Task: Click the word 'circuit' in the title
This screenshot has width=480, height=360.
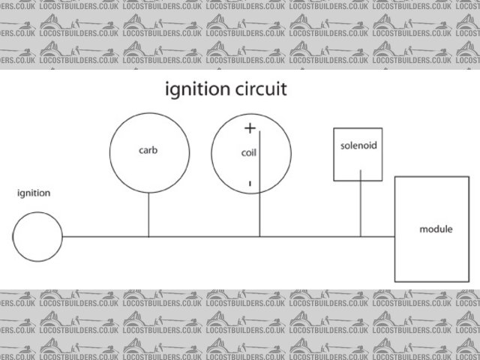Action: click(x=257, y=91)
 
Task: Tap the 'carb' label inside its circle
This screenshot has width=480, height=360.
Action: click(x=148, y=149)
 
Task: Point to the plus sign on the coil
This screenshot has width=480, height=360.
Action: click(x=250, y=129)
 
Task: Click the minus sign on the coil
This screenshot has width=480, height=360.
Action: click(x=249, y=182)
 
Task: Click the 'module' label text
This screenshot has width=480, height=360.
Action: click(x=436, y=228)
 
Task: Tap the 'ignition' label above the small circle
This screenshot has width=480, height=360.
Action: click(x=34, y=193)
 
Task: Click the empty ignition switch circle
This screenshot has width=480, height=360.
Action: click(x=37, y=236)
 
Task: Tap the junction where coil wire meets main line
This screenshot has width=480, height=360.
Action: click(x=260, y=236)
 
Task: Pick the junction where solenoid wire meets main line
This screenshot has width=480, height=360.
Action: click(x=361, y=236)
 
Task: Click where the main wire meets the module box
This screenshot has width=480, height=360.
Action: click(x=395, y=236)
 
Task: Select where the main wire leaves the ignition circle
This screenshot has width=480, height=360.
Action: click(x=63, y=236)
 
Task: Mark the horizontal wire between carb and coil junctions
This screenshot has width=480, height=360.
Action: click(x=204, y=236)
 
